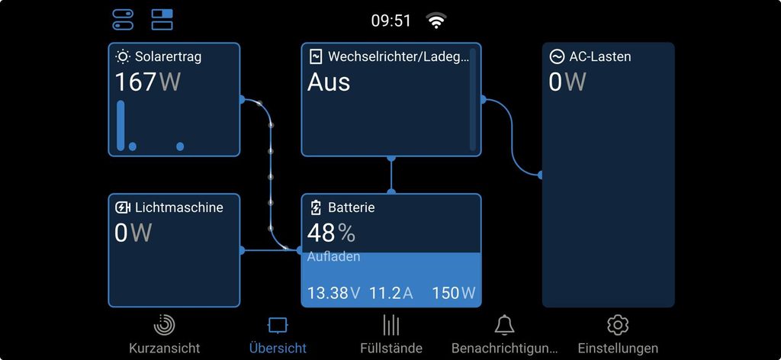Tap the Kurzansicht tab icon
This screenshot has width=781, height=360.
click(165, 325)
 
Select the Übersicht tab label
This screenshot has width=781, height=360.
click(278, 348)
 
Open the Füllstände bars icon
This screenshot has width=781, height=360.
click(391, 325)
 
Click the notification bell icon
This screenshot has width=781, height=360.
click(504, 325)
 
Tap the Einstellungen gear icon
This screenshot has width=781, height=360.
click(618, 325)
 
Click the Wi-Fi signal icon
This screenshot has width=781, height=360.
click(435, 21)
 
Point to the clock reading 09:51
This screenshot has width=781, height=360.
click(391, 21)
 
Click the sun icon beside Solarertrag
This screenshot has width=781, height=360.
click(123, 56)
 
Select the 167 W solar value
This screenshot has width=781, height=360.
click(148, 82)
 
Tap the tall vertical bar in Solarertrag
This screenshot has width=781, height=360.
click(121, 126)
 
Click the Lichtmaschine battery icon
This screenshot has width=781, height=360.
click(123, 207)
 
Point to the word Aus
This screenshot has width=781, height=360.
click(328, 82)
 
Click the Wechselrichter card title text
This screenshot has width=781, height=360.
click(398, 56)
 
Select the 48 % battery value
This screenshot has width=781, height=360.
click(331, 233)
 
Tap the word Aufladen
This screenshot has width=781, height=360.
click(333, 257)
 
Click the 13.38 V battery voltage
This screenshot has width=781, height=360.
click(334, 293)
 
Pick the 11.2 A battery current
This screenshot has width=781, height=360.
click(391, 293)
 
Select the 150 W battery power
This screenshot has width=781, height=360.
click(454, 293)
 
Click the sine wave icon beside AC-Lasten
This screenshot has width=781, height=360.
click(556, 56)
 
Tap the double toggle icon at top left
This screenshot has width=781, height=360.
click(123, 20)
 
